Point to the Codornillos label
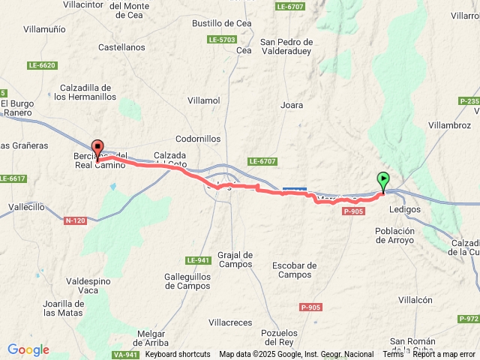coord(198,139)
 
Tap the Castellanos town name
coord(121,47)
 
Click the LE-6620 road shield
coord(42,66)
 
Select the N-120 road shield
coord(75,220)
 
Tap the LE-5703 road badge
coord(223,39)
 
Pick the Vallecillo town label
coord(24,205)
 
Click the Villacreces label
coord(230,322)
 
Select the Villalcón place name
coord(415,299)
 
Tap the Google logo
coord(28,349)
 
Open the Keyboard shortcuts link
coord(178,354)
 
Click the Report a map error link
coord(443,354)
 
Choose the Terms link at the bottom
coord(393,354)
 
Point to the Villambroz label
coord(448,124)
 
